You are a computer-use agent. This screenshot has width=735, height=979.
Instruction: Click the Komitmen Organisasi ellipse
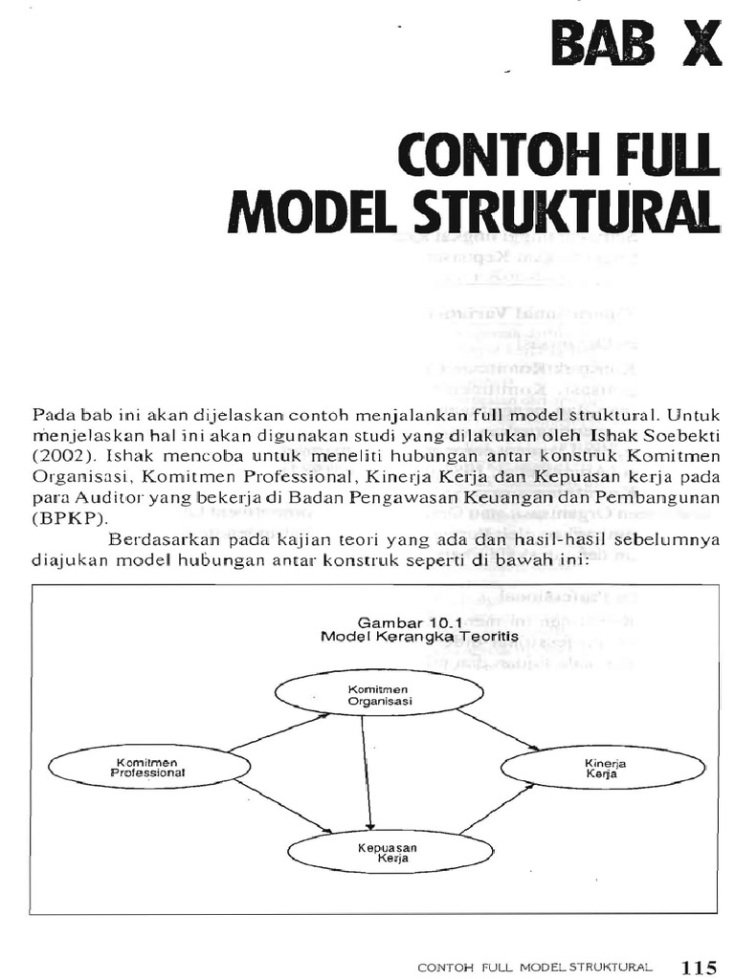pos(366,694)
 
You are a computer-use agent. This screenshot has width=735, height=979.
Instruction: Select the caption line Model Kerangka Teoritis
pos(407,635)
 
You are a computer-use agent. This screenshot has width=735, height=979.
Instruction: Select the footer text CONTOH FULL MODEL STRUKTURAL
pos(535,968)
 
